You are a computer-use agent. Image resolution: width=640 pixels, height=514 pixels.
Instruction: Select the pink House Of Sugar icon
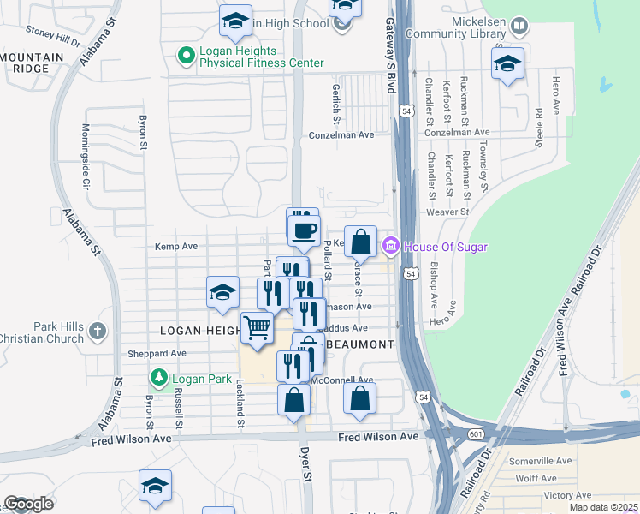tap(390, 247)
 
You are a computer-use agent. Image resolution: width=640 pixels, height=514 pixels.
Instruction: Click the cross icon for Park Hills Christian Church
tap(98, 331)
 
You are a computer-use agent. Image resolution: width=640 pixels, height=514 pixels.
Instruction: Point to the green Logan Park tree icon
tap(158, 377)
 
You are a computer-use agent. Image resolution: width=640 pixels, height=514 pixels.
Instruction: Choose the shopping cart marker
tap(257, 327)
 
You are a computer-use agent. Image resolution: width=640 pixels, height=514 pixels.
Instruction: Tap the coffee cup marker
tap(305, 230)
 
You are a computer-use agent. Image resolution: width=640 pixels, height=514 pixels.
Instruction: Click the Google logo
tap(28, 504)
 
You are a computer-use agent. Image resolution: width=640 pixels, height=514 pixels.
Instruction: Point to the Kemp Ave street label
tap(176, 247)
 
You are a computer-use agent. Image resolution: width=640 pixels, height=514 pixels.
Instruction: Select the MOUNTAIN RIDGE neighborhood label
tap(32, 63)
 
